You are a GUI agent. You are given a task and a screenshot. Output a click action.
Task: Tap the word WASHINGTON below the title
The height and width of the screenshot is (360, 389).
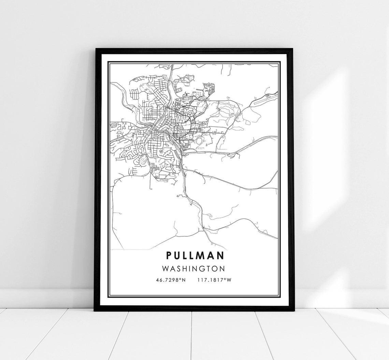[193, 268]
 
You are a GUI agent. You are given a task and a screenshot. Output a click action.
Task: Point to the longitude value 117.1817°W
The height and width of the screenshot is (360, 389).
[214, 280]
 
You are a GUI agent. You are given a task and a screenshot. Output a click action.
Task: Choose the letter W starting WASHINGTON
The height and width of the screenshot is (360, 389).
[166, 268]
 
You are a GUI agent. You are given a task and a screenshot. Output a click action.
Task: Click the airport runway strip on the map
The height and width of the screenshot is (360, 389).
[262, 99]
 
